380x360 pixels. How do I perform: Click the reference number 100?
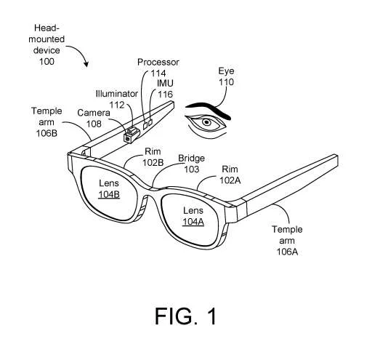(47, 61)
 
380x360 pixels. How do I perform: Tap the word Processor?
(158, 63)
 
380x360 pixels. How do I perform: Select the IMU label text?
(165, 83)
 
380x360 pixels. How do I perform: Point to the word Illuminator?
(117, 94)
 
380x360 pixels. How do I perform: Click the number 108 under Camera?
(94, 124)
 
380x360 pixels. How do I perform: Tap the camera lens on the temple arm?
(127, 138)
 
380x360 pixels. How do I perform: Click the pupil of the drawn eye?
(206, 122)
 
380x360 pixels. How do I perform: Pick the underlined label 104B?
(109, 195)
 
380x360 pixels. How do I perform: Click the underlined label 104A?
(193, 222)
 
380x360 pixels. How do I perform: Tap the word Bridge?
(192, 159)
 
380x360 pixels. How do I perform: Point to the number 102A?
(230, 180)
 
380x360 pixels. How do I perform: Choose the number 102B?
(153, 162)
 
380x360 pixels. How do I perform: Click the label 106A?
(287, 252)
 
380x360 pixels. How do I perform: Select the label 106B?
(47, 133)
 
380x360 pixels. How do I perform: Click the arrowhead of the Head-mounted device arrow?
(86, 64)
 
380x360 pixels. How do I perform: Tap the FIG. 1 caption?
(185, 316)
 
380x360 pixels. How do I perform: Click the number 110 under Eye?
(226, 82)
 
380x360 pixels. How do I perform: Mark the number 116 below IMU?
(165, 94)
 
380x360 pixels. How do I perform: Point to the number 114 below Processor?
(158, 73)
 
